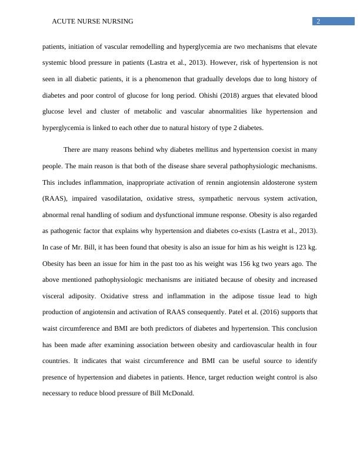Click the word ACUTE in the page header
[62, 21]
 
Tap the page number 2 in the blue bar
[318, 21]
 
